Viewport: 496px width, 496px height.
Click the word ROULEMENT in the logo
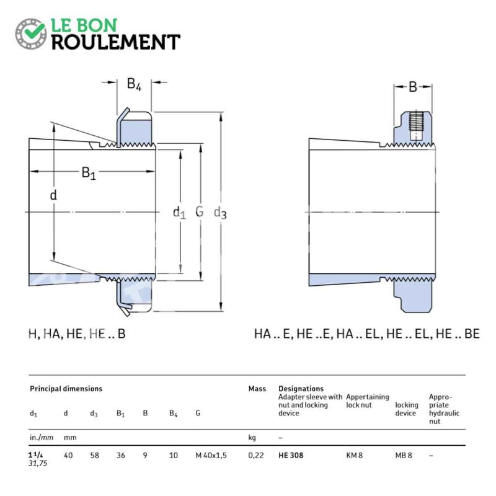[116, 42]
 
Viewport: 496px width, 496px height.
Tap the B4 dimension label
[134, 84]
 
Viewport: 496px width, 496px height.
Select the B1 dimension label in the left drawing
[89, 173]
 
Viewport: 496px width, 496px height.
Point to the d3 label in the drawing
[220, 213]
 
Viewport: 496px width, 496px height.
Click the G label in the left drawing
[199, 211]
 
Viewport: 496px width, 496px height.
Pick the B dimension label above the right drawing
[413, 87]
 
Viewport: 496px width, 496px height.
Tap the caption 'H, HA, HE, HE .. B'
[77, 334]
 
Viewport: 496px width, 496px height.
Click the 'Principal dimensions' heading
[66, 389]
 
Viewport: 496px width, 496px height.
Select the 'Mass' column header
[257, 389]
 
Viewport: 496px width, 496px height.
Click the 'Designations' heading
[301, 389]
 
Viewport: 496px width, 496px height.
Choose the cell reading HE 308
[291, 456]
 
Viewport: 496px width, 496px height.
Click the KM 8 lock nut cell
[354, 456]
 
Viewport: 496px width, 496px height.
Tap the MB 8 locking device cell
[404, 456]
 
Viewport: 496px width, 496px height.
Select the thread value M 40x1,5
[211, 456]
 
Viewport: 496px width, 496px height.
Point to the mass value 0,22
[256, 456]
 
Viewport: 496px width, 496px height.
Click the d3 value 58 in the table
[94, 456]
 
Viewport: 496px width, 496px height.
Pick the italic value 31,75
[38, 463]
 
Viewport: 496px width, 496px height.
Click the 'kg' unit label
[252, 438]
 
